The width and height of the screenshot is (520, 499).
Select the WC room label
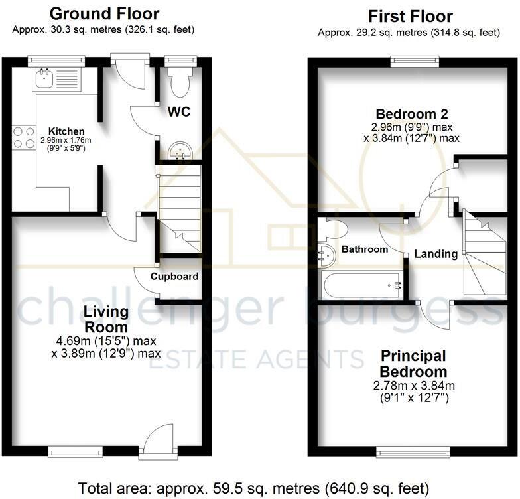179,112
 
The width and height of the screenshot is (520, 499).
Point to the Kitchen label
66,131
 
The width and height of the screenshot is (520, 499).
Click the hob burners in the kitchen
23,137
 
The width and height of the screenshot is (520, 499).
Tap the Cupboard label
174,276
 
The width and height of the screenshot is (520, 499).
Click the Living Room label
105,319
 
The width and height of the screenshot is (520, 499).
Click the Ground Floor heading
104,13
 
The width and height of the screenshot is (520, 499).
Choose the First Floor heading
411,16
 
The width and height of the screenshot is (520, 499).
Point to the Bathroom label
364,249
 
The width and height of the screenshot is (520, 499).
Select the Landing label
436,253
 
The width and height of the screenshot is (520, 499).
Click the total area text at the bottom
260,488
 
